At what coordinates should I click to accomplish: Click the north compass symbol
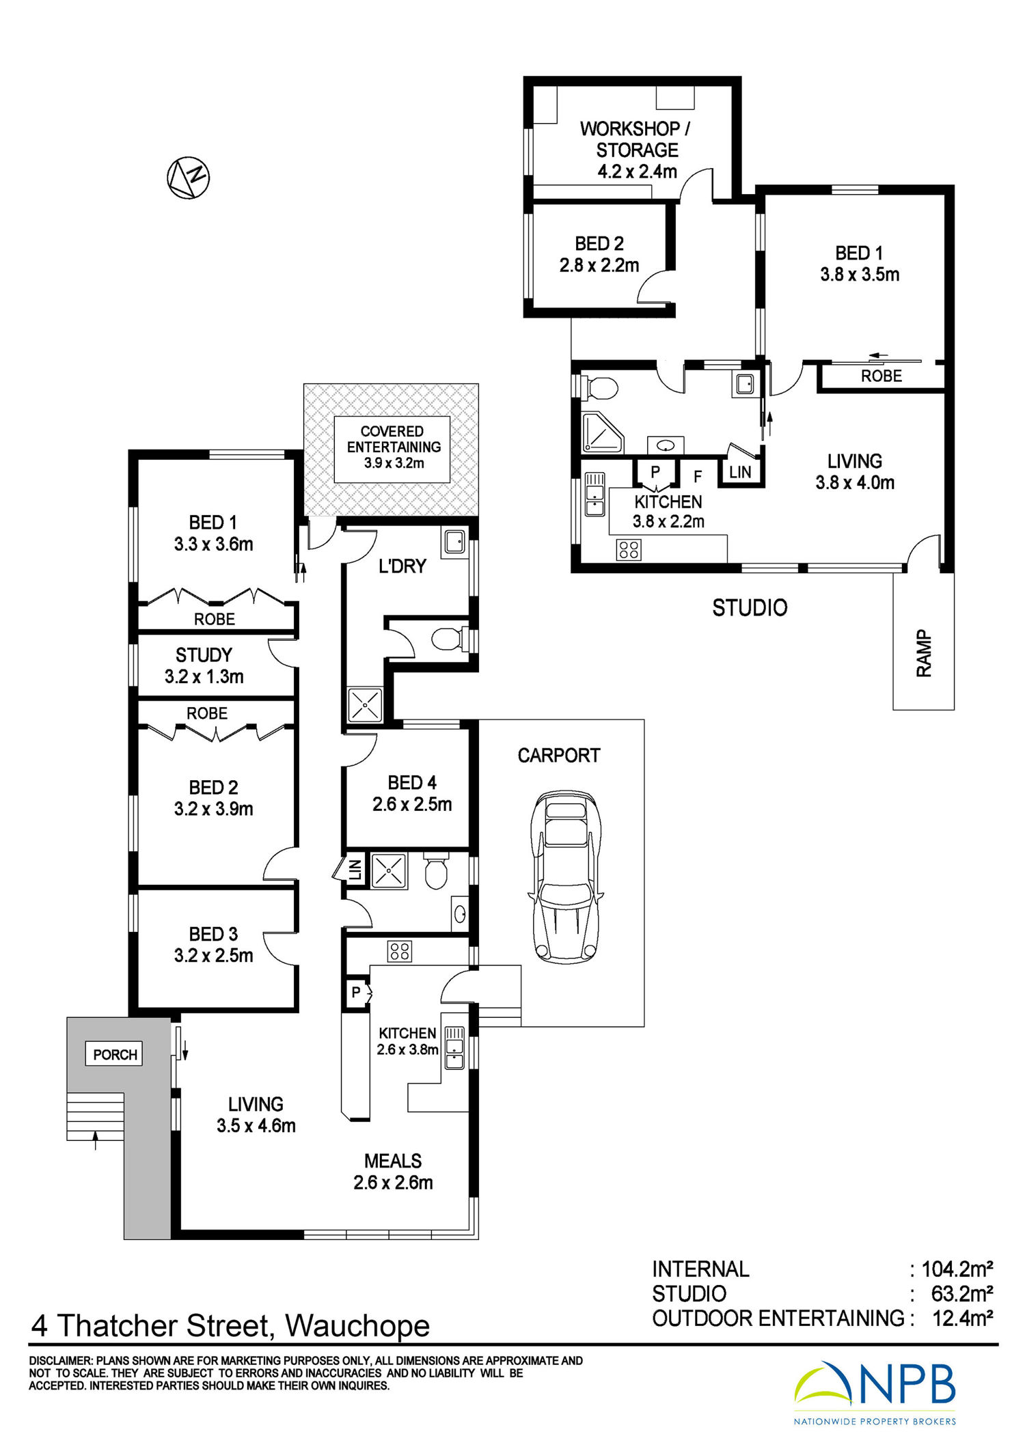coord(188,178)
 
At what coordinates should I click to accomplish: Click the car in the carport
coord(566,877)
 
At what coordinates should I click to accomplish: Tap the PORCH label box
coord(115,1054)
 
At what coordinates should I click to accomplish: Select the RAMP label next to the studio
coord(924,654)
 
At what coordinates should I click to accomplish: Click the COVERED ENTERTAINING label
coord(393,447)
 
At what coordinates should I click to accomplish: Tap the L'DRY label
coord(402,566)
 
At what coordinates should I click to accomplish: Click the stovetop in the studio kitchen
coord(629,550)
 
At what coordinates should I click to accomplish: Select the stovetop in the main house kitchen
coord(400,951)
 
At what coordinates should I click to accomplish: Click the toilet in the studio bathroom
coord(600,388)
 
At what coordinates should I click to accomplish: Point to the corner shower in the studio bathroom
coord(602,432)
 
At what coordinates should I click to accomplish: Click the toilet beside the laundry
coord(451,639)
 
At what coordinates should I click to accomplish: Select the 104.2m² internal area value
coord(957,1269)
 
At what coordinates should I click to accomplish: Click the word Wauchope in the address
coord(357,1326)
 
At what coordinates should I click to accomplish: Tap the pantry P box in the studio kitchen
coord(655,473)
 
